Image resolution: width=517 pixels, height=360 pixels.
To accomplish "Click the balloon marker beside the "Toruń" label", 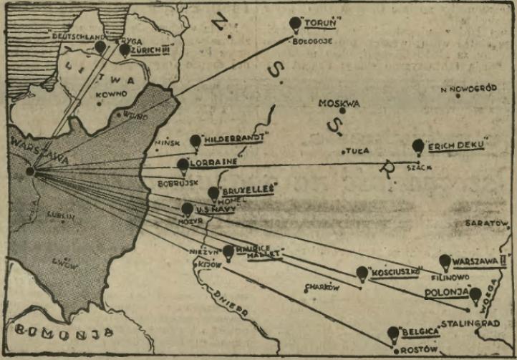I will [x=295, y=24].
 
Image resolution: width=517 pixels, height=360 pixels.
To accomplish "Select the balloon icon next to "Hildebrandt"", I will [x=195, y=141].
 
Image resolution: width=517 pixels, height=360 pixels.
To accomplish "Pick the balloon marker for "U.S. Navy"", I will [x=187, y=209].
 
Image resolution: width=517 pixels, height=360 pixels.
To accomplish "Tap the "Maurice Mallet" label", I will [x=258, y=251].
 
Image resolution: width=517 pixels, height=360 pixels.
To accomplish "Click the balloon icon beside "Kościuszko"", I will [x=362, y=273].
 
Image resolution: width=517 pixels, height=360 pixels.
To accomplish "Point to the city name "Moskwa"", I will [x=339, y=103].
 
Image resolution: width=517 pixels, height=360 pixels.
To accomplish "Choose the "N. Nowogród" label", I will [x=468, y=89].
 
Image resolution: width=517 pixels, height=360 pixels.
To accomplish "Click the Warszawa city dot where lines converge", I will [x=30, y=171].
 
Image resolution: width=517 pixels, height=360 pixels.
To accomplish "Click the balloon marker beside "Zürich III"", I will [x=125, y=49].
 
